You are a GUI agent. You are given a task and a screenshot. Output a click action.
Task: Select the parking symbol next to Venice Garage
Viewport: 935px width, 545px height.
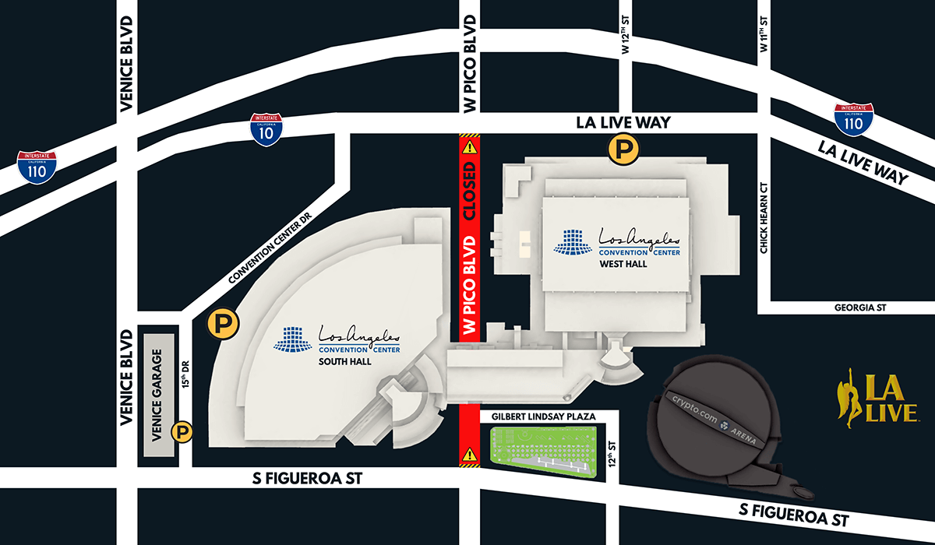coord(182,431)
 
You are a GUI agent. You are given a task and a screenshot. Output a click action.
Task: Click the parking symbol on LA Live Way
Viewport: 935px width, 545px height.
coord(621,149)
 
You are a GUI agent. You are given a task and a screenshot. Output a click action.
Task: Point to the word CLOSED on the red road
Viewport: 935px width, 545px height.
coord(469,192)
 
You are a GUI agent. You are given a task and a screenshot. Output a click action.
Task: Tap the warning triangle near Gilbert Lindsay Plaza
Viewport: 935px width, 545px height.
coord(469,454)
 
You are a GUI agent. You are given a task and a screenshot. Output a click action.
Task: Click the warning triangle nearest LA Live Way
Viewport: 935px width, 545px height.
coord(469,146)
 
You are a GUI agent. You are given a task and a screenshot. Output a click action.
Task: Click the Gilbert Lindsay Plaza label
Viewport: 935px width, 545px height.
coord(544,417)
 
